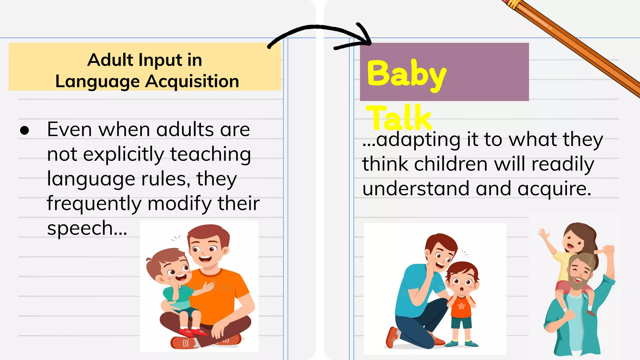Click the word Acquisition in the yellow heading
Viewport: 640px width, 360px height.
click(192, 82)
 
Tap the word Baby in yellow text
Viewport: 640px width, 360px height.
click(406, 74)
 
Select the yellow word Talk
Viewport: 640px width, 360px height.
click(399, 118)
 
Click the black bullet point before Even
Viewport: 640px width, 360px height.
click(24, 130)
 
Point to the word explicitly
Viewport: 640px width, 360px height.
click(123, 154)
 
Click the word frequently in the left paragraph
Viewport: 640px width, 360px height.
click(94, 203)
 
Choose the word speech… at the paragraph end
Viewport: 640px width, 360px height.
click(87, 228)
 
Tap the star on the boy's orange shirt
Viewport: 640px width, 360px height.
click(461, 305)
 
